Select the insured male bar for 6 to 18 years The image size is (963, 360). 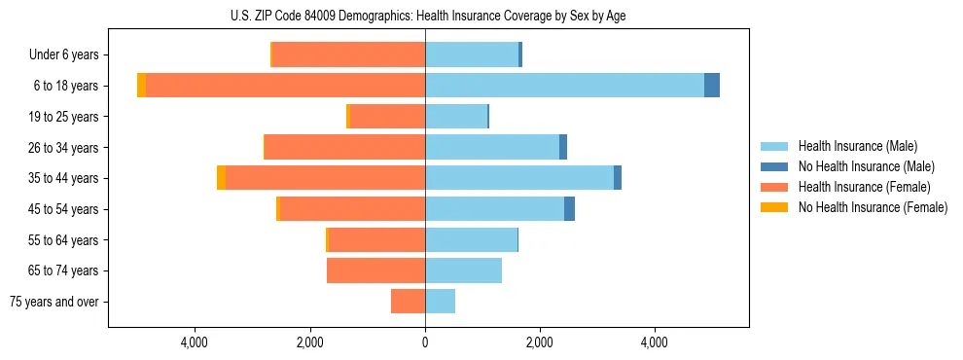[x=564, y=86]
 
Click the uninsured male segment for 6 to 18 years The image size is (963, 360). [x=712, y=86]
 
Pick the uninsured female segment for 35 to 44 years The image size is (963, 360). [x=222, y=178]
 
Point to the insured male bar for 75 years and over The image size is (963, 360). [x=440, y=302]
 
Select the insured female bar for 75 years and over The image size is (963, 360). [x=408, y=302]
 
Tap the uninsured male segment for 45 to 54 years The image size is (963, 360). [x=569, y=209]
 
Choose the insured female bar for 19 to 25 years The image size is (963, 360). [x=387, y=117]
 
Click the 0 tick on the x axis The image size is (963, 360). [x=425, y=342]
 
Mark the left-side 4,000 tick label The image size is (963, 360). [x=195, y=342]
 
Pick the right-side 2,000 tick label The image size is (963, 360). [x=539, y=342]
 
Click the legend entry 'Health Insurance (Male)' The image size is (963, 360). [x=857, y=146]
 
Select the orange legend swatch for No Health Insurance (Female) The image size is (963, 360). [x=774, y=207]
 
